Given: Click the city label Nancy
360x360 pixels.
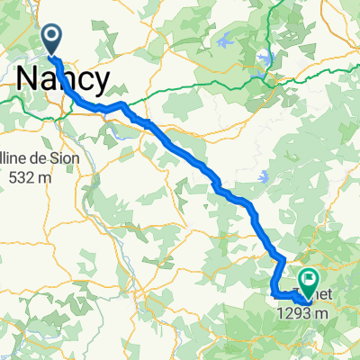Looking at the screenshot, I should (x=63, y=79).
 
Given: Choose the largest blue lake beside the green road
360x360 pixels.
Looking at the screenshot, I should (x=263, y=58).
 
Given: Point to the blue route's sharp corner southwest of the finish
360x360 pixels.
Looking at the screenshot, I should (x=273, y=293).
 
